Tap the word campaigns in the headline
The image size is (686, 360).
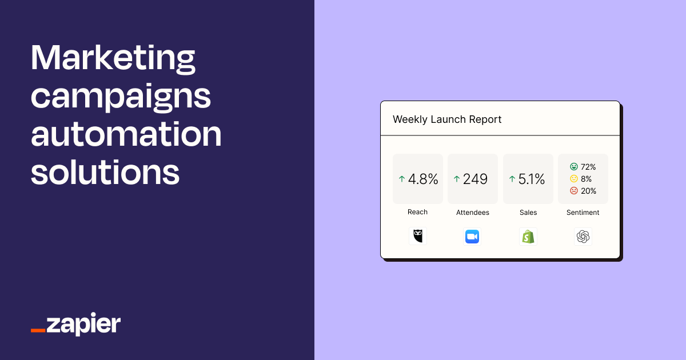click(x=121, y=97)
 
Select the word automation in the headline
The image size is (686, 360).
click(x=126, y=134)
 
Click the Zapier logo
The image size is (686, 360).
click(x=75, y=324)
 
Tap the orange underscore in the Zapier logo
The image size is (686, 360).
click(x=38, y=330)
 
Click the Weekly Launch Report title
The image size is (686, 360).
click(x=447, y=119)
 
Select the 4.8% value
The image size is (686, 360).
click(x=423, y=179)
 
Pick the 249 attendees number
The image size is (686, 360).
click(x=475, y=179)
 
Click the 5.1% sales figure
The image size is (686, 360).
click(x=532, y=179)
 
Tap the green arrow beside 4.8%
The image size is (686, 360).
click(x=401, y=179)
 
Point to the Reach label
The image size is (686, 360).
click(x=417, y=212)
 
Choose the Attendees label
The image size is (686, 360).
click(x=473, y=213)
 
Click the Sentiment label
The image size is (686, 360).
click(x=583, y=213)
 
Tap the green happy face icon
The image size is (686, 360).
click(x=573, y=167)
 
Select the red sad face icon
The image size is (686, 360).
click(x=573, y=191)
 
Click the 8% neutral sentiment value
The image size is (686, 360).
click(x=586, y=179)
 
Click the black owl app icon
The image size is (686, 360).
click(x=418, y=236)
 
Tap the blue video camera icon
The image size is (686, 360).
click(x=472, y=236)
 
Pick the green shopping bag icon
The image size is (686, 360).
click(x=528, y=236)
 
